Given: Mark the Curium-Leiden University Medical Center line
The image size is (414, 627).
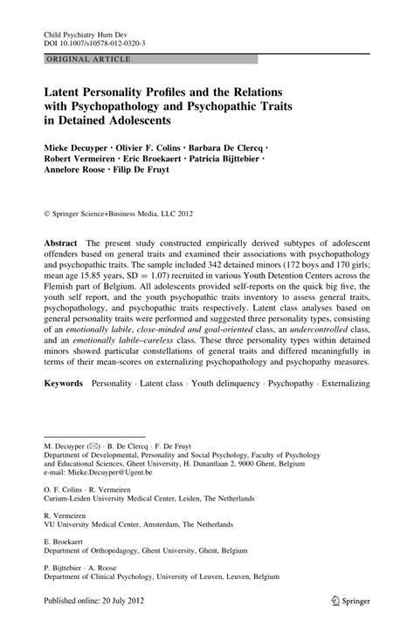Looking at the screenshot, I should pyautogui.click(x=154, y=501).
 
